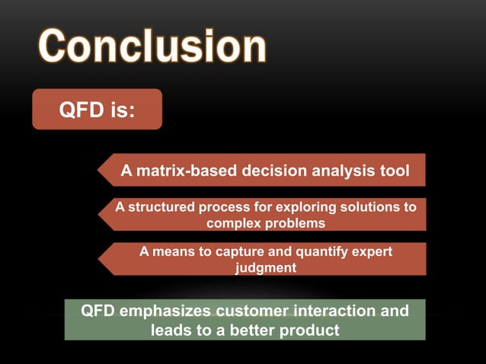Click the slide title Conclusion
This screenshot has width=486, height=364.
point(151,46)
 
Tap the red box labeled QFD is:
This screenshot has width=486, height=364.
point(97,110)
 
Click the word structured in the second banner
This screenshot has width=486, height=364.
point(160,207)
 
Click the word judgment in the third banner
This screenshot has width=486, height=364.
point(265,267)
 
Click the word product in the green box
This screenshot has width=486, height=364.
point(309,330)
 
